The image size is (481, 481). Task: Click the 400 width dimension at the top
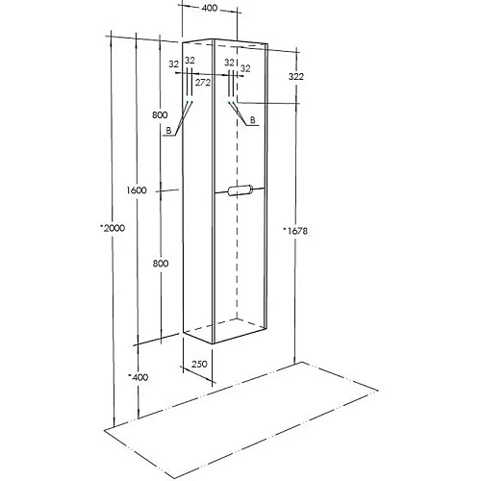(x=210, y=8)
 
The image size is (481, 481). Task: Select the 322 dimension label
(x=296, y=77)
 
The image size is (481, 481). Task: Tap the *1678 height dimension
(x=295, y=231)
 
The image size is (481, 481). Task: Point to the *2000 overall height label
(x=113, y=228)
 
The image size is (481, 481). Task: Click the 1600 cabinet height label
(x=137, y=190)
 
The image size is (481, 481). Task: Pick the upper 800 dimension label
(x=160, y=114)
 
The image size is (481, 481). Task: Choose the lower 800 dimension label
(x=161, y=264)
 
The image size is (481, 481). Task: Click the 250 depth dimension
(x=199, y=364)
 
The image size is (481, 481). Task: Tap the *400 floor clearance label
(x=139, y=377)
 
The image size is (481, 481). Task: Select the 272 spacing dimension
(x=203, y=83)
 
